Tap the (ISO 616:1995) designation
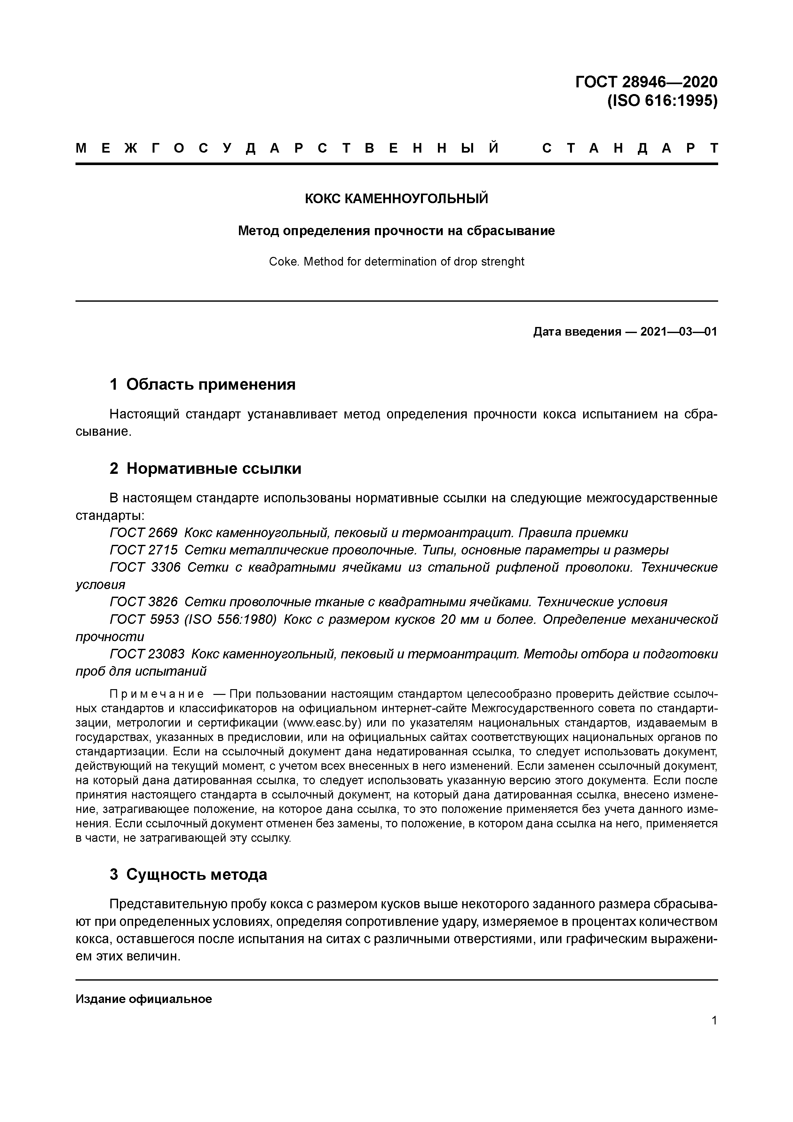[x=662, y=101]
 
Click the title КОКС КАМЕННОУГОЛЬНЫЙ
[x=396, y=199]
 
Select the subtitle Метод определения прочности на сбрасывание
[x=396, y=231]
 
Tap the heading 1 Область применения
[x=203, y=385]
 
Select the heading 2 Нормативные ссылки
[x=205, y=469]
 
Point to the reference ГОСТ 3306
[x=145, y=567]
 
